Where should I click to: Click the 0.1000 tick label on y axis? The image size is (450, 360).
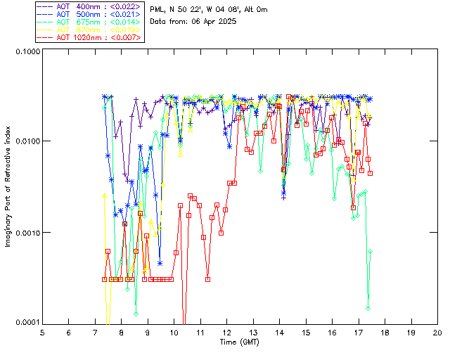27,52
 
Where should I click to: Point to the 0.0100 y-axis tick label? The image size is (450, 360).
27,142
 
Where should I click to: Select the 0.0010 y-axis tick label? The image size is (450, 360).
27,233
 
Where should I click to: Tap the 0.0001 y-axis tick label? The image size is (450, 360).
27,323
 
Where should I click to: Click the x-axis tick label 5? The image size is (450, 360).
43,332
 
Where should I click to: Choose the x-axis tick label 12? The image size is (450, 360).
227,332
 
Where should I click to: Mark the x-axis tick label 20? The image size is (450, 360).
437,332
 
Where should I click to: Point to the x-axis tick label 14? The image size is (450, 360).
280,332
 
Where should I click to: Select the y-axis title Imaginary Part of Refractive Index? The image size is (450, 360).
8,187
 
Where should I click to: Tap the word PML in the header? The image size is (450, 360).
157,9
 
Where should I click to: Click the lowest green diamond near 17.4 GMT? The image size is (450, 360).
368,308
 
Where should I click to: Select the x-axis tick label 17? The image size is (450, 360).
359,332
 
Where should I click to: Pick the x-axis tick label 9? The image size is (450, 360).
148,332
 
